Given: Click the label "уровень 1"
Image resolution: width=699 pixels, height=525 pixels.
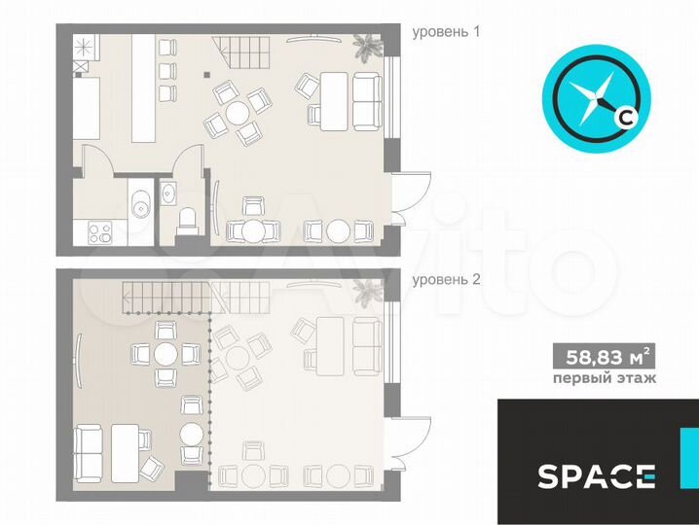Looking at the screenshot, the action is pos(446,32).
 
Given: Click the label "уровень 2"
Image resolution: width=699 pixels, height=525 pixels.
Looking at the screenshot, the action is pos(446,280).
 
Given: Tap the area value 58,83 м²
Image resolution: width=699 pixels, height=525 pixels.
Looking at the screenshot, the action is pos(604,356).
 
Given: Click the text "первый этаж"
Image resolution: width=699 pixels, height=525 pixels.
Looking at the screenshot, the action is pos(604,379).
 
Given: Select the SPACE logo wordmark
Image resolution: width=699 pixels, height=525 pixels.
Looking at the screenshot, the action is pos(597,476).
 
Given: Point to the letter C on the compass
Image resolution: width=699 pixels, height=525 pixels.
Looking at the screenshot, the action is pos(625,117).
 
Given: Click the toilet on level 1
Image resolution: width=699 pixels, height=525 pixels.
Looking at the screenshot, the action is pos(186,221).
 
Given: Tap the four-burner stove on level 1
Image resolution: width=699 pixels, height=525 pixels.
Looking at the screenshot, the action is pos(100,232).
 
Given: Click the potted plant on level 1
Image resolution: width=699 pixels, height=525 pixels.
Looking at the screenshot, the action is pos(367,46).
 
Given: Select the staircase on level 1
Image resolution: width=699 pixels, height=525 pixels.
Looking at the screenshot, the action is pos(241,52).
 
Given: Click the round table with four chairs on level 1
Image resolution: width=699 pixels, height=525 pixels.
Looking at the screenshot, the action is pos(237,113).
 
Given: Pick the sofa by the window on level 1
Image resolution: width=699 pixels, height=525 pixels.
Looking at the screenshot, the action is pos(367,102).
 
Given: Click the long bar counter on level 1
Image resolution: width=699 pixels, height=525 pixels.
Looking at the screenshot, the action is pos(143,88).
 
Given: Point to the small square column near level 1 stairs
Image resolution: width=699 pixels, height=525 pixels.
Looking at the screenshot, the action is pos(206,74).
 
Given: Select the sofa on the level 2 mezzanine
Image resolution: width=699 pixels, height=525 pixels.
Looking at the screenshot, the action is pos(88,453).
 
